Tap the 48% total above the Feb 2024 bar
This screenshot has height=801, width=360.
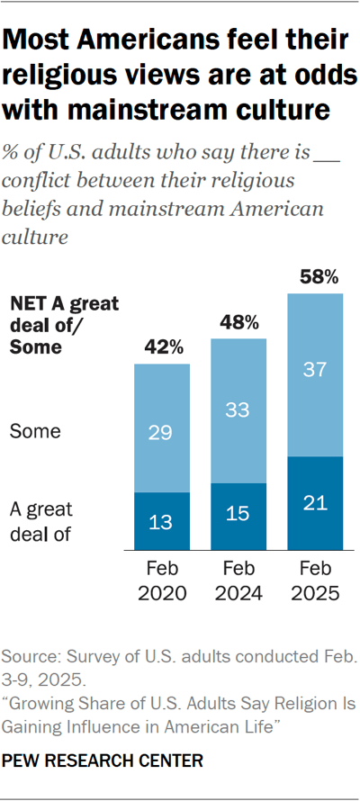point(238,322)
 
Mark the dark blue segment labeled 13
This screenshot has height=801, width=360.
point(162,521)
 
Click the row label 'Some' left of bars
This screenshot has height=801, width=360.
point(34,432)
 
